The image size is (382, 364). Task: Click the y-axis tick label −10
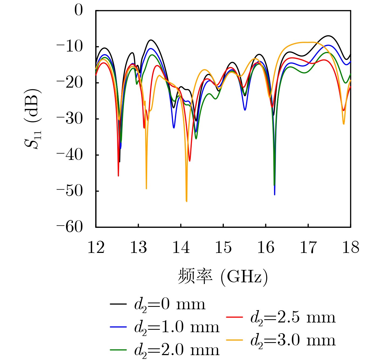click(70, 47)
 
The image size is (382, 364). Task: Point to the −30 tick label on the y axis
click(70, 119)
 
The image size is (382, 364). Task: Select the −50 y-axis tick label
click(70, 191)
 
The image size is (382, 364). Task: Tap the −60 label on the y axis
click(70, 227)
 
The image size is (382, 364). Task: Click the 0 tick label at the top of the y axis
click(79, 11)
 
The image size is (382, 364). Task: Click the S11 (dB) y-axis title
click(33, 119)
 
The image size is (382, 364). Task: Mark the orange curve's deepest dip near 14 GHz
click(187, 201)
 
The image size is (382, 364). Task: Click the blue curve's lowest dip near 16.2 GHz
click(274, 194)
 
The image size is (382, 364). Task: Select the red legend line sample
click(234, 317)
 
